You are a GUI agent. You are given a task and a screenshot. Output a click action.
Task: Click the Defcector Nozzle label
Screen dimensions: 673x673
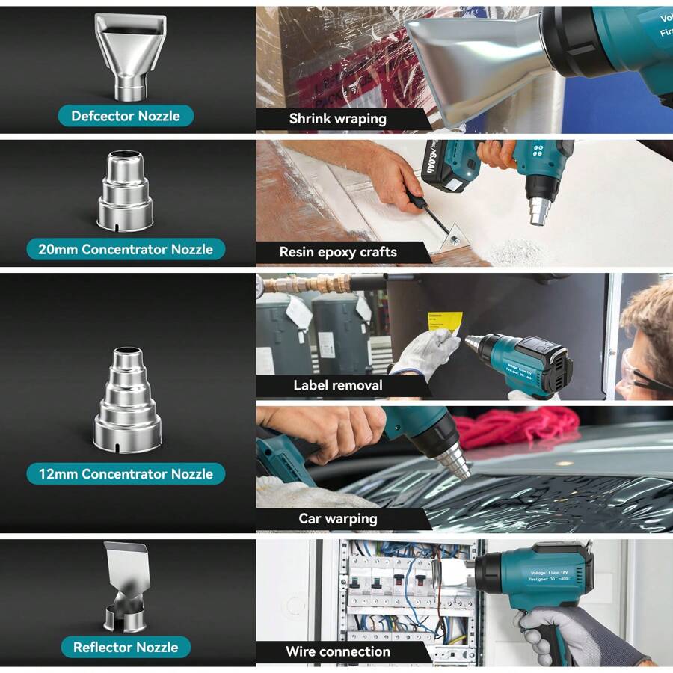click(x=126, y=116)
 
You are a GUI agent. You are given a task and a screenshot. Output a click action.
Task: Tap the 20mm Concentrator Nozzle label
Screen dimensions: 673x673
click(x=126, y=249)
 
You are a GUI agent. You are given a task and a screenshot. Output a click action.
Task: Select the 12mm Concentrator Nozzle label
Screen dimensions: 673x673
click(x=126, y=473)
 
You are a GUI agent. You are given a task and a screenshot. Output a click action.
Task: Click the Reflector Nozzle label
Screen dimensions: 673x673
click(x=126, y=647)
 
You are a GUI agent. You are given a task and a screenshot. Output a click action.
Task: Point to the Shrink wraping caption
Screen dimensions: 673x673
click(x=338, y=118)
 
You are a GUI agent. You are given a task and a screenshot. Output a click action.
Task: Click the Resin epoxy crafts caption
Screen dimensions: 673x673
click(x=338, y=252)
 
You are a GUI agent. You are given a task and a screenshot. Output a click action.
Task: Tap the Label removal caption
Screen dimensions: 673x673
click(x=338, y=385)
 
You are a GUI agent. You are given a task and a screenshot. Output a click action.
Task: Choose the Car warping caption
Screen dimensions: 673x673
click(x=338, y=518)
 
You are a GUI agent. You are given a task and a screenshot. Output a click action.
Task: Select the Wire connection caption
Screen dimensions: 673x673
click(x=338, y=651)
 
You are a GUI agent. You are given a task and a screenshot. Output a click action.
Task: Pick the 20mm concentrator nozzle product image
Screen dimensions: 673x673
click(x=126, y=190)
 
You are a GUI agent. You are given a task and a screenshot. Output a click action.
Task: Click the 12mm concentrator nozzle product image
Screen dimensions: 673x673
click(x=126, y=400)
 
